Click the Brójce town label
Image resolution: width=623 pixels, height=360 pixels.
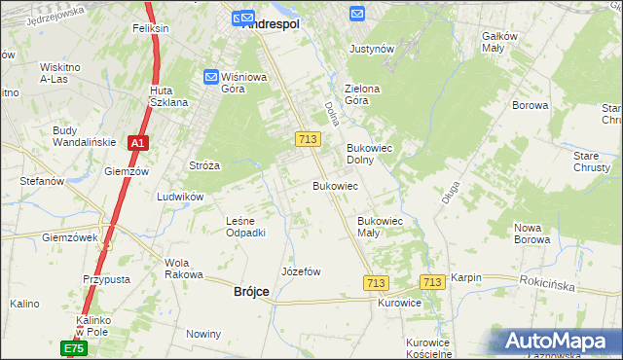click(x=251, y=291)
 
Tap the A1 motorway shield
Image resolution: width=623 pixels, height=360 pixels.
click(x=138, y=143)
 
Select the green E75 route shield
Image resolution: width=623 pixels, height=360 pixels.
click(x=74, y=348)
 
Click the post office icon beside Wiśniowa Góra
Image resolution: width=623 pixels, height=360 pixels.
click(x=211, y=77)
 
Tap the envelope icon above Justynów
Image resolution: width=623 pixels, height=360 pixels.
click(x=357, y=14)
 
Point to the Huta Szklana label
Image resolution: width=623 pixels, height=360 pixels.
click(x=167, y=96)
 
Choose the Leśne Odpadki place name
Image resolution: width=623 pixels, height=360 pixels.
click(x=245, y=227)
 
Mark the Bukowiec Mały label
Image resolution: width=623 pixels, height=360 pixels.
click(x=381, y=227)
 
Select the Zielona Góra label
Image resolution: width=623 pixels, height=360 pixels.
click(x=362, y=94)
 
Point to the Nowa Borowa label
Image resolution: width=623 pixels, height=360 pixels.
click(x=532, y=233)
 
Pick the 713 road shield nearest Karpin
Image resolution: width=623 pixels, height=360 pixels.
click(x=433, y=281)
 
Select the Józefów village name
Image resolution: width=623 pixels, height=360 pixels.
click(x=301, y=271)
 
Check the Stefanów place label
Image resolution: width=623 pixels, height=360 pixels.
click(x=42, y=181)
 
